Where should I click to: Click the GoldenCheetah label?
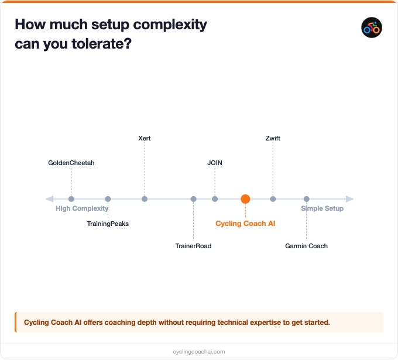pyautogui.click(x=71, y=163)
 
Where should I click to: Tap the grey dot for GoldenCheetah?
pyautogui.click(x=71, y=199)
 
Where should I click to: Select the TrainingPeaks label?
pyautogui.click(x=108, y=224)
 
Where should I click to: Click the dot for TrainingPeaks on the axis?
pyautogui.click(x=108, y=199)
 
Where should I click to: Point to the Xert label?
pyautogui.click(x=145, y=138)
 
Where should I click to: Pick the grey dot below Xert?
pyautogui.click(x=145, y=199)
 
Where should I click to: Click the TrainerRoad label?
pyautogui.click(x=193, y=246)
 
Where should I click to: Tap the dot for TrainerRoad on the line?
pyautogui.click(x=194, y=199)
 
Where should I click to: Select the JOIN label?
pyautogui.click(x=215, y=163)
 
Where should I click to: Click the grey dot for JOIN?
pyautogui.click(x=215, y=199)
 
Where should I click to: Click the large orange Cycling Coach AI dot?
pyautogui.click(x=245, y=199)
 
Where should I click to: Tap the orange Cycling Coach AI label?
pyautogui.click(x=245, y=224)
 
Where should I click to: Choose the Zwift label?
pyautogui.click(x=273, y=138)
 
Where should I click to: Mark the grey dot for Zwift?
pyautogui.click(x=273, y=199)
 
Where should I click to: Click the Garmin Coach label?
pyautogui.click(x=306, y=246)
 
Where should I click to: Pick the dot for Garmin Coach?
pyautogui.click(x=306, y=199)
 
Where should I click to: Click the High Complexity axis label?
pyautogui.click(x=82, y=208)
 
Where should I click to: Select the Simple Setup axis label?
pyautogui.click(x=322, y=208)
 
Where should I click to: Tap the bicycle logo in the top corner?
pyautogui.click(x=372, y=28)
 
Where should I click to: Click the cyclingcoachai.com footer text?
pyautogui.click(x=199, y=352)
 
